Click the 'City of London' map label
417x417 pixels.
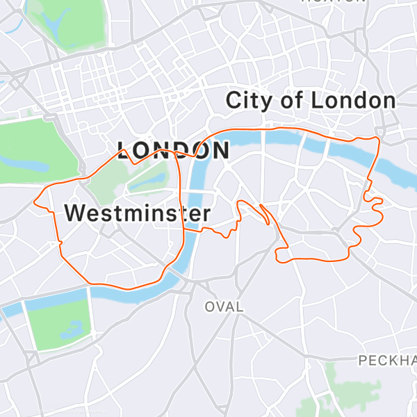(x=311, y=101)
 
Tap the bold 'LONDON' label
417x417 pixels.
(x=173, y=151)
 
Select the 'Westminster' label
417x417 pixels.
(x=137, y=213)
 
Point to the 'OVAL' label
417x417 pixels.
(x=224, y=306)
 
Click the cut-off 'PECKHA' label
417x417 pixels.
(x=387, y=360)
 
